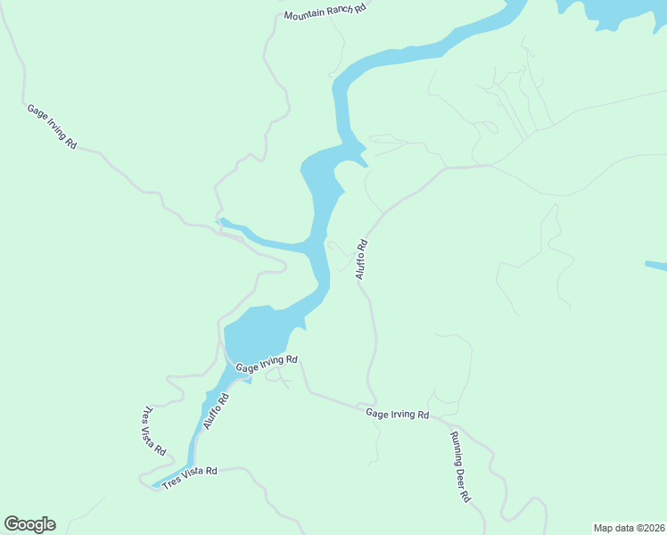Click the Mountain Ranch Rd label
click(325, 11)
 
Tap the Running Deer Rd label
click(459, 467)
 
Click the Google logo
click(29, 524)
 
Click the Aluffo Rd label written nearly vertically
click(362, 259)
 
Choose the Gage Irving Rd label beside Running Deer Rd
click(397, 415)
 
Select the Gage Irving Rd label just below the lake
click(266, 364)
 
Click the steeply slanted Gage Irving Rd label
click(52, 127)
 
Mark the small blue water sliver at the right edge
click(656, 266)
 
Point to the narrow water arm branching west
click(263, 239)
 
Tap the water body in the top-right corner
click(615, 11)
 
